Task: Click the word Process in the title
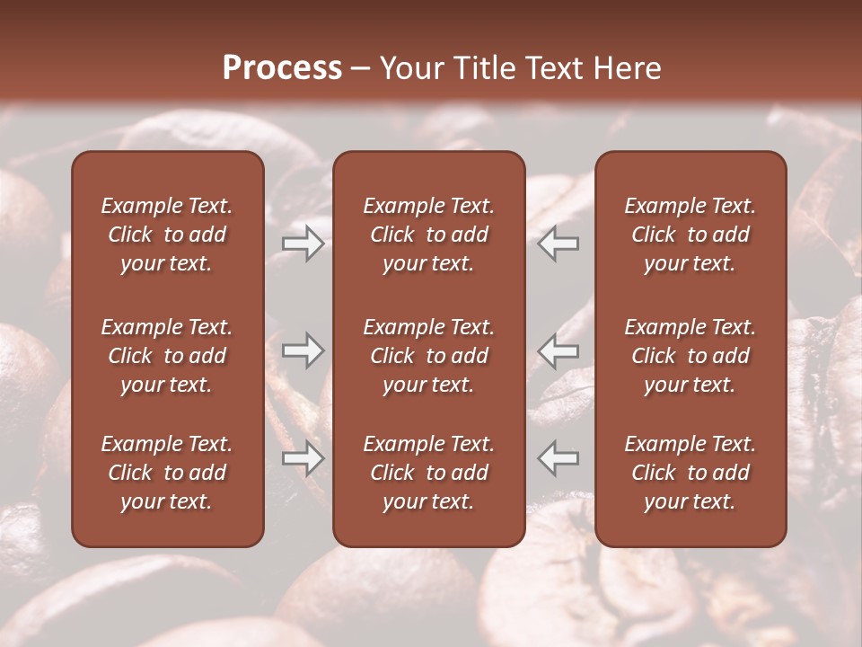click(x=282, y=68)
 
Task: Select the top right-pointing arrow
click(x=303, y=244)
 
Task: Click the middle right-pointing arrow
click(x=303, y=350)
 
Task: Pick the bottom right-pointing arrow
click(x=303, y=458)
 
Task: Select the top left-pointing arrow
click(x=559, y=244)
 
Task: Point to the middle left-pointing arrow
click(x=559, y=350)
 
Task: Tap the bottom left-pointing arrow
click(x=559, y=458)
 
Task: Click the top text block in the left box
click(x=167, y=235)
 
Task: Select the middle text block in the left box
click(x=167, y=356)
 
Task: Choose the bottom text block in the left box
click(x=167, y=473)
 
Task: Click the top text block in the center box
click(x=429, y=235)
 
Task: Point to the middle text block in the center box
click(x=429, y=356)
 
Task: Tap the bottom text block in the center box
click(x=429, y=473)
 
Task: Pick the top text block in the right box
click(x=690, y=235)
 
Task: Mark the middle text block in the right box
click(x=690, y=356)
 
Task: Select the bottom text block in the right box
click(x=690, y=473)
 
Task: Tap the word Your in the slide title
click(x=410, y=68)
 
